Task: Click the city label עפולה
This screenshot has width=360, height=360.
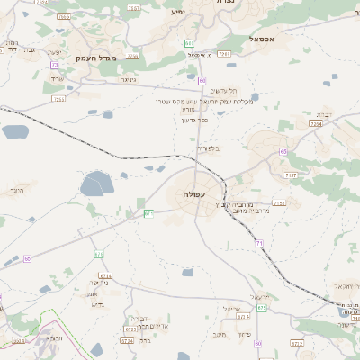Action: coord(196,193)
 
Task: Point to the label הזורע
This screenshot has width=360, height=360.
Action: coord(16,192)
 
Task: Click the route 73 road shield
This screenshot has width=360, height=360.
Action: coord(55,65)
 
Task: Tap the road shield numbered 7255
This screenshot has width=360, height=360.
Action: coord(59,99)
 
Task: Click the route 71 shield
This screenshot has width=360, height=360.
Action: coord(258,244)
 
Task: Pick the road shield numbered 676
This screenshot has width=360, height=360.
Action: coord(98,255)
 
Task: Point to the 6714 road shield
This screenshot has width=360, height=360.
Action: coord(106,276)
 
